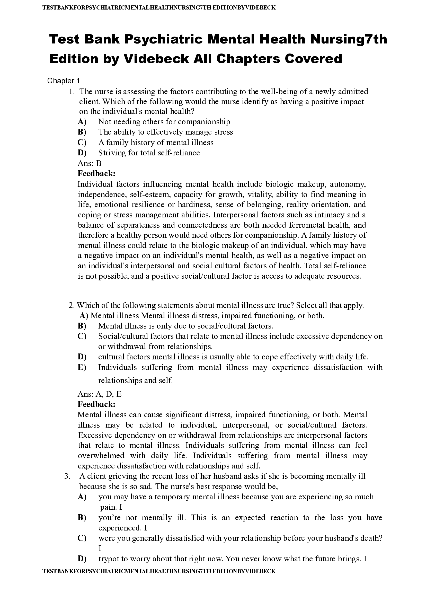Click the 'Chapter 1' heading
tap(63, 81)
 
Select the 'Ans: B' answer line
tap(90, 163)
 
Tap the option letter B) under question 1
tap(82, 132)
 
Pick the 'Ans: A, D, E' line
tap(99, 394)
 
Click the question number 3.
tap(67, 476)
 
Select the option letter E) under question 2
tap(82, 367)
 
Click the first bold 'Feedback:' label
tap(96, 174)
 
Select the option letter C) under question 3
tap(82, 538)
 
